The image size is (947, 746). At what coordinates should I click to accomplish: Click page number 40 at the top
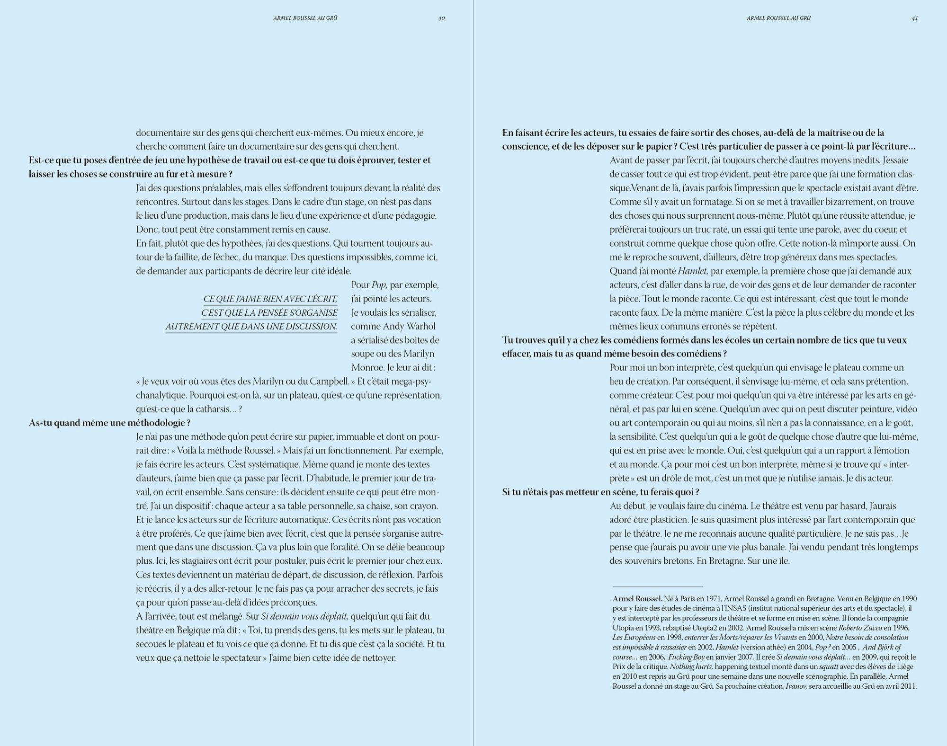coord(441,18)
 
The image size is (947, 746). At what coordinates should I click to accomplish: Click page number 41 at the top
coord(915,18)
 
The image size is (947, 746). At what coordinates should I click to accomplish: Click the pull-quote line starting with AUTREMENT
coord(251,327)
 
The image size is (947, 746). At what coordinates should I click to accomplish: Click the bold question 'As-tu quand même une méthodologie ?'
coord(110,423)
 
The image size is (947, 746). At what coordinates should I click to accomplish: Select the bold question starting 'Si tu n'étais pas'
coord(600,492)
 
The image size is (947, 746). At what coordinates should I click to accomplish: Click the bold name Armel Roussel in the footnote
coord(637,598)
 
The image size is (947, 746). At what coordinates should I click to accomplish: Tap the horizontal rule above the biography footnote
coord(658,587)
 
